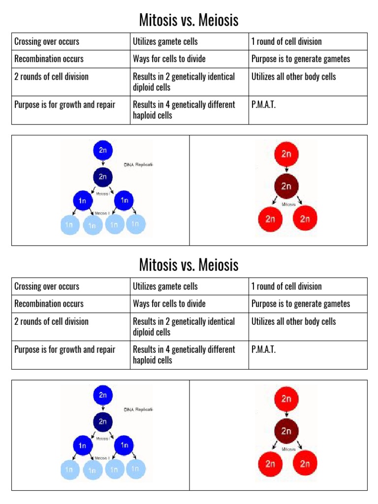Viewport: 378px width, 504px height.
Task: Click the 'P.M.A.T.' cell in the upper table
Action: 263,105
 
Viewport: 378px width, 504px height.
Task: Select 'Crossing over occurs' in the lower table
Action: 47,286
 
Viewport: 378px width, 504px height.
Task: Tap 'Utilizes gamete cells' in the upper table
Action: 165,42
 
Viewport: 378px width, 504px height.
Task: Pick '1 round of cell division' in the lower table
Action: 286,286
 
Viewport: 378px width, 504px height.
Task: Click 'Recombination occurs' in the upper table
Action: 49,59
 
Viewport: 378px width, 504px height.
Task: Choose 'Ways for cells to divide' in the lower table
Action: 169,304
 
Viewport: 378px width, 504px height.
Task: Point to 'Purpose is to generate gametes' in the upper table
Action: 301,59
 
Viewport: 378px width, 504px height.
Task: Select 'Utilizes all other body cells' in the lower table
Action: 293,321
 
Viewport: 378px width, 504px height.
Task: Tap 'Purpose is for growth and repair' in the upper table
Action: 65,105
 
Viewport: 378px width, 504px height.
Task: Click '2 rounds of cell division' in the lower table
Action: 51,321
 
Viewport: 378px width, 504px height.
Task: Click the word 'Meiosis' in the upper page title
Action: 219,20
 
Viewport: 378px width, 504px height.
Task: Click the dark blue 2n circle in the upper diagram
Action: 103,177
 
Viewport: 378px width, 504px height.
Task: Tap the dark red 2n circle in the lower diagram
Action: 286,431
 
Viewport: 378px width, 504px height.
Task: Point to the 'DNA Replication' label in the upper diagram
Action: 139,165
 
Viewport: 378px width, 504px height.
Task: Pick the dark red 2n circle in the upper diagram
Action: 286,187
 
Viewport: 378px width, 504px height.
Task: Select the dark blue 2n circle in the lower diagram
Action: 103,422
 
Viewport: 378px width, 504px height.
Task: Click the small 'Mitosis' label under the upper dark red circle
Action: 288,204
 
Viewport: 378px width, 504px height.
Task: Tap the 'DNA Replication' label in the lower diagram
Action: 139,409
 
